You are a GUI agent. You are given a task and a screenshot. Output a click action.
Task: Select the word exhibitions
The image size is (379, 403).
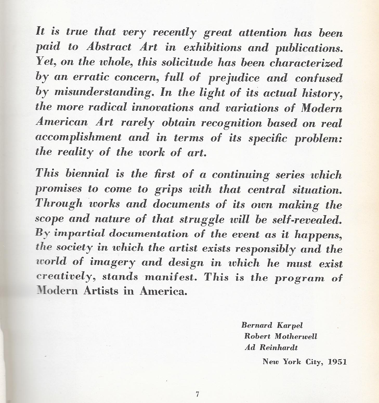click(x=212, y=48)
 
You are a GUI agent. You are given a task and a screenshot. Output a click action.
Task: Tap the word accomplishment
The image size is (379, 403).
click(x=78, y=137)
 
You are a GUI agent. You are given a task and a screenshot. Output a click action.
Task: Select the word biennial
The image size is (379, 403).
click(x=87, y=174)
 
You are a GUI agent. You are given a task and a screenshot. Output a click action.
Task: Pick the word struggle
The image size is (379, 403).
click(x=202, y=219)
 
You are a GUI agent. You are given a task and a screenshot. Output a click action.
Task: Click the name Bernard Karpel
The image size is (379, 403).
click(x=272, y=325)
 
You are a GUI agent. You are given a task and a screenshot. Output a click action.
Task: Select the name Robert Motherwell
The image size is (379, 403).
click(x=281, y=336)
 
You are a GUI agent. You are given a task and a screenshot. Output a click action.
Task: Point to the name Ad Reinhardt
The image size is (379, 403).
click(x=271, y=348)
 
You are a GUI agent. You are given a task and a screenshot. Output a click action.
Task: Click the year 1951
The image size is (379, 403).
click(x=337, y=362)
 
